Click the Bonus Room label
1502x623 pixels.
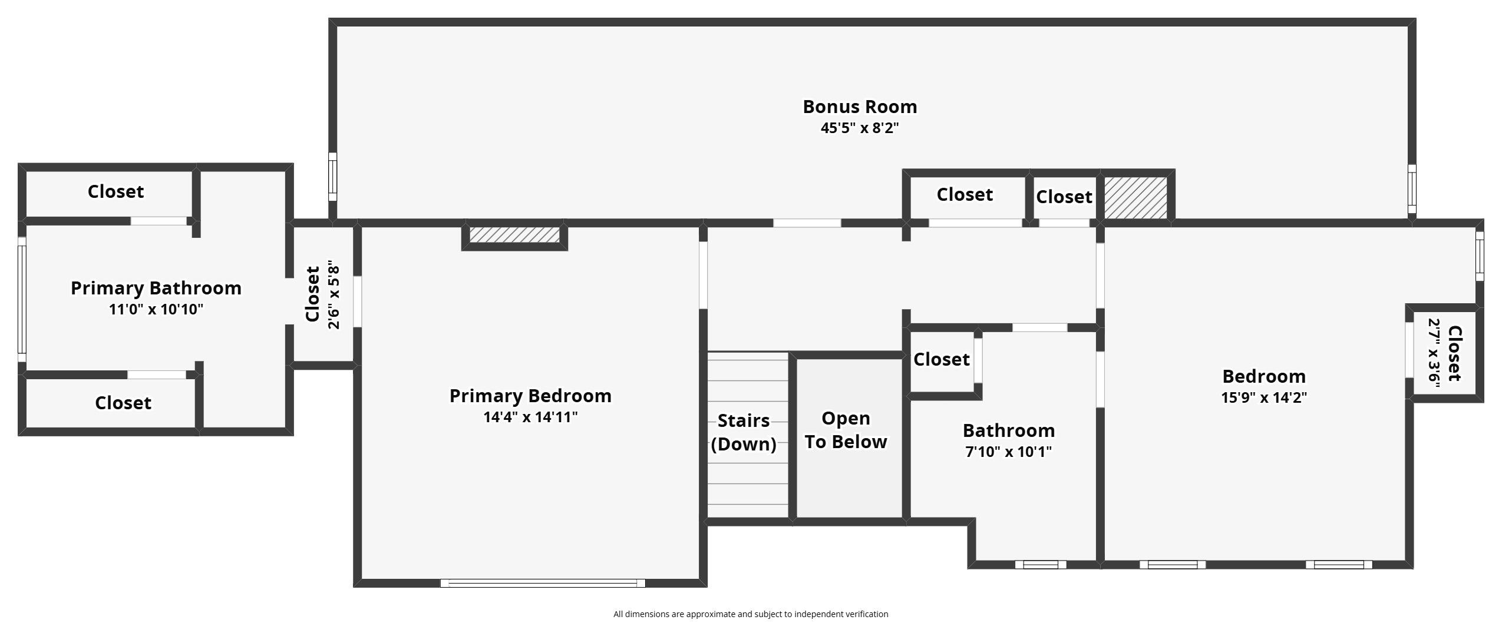click(860, 107)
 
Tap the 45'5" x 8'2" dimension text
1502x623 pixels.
click(860, 128)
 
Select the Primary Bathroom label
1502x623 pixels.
click(156, 288)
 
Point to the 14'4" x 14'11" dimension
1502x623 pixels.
click(530, 417)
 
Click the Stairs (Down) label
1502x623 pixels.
click(744, 432)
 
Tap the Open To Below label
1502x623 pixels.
click(846, 430)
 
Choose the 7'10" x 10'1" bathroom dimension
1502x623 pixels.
click(1009, 452)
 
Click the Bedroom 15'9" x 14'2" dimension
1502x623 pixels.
click(1264, 397)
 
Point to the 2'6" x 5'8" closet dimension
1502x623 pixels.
click(334, 294)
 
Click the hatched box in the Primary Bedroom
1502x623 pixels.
click(514, 235)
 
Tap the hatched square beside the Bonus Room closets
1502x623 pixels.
click(1135, 197)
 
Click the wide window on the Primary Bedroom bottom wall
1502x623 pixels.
click(543, 583)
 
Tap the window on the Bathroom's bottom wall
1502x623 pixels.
click(1041, 565)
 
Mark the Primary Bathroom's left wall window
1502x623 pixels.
click(22, 300)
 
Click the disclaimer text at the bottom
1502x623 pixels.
click(751, 614)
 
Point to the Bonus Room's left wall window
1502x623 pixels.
click(332, 177)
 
